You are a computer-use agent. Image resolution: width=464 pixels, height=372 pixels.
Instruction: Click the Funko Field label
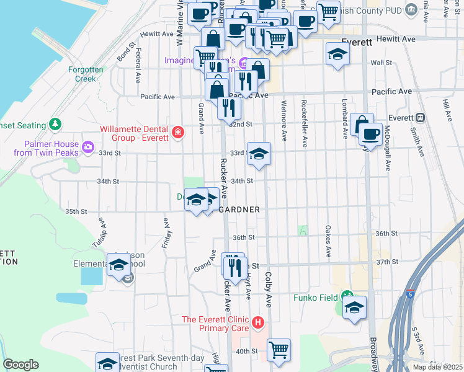coord(316,297)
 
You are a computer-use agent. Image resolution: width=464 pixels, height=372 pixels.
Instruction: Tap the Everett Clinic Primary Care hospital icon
coord(259,323)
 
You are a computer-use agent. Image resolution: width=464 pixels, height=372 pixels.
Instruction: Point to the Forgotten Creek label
coord(86,74)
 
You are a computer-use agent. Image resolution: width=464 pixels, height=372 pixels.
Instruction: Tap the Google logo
coord(21,365)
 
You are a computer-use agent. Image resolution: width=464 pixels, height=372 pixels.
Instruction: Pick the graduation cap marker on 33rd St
coord(259,153)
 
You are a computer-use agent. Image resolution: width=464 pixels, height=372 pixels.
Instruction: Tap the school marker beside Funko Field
coord(354,307)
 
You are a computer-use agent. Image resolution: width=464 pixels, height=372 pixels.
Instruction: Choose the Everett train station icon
coord(420,117)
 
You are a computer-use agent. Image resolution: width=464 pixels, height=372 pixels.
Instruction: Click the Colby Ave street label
coord(269,290)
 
